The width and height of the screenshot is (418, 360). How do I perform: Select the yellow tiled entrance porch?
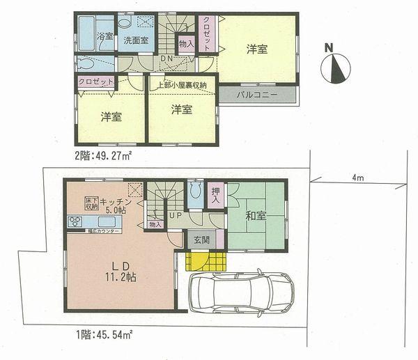pyautogui.click(x=206, y=261)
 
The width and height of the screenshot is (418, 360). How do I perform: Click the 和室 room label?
pyautogui.click(x=254, y=215)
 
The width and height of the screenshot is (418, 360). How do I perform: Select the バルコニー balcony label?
pyautogui.click(x=257, y=93)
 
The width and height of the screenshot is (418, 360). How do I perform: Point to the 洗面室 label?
pyautogui.click(x=135, y=40)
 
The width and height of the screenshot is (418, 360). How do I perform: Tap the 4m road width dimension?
pyautogui.click(x=357, y=178)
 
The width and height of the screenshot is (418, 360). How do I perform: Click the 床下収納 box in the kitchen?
pyautogui.click(x=91, y=203)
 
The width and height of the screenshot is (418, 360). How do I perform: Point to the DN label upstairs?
pyautogui.click(x=167, y=61)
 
